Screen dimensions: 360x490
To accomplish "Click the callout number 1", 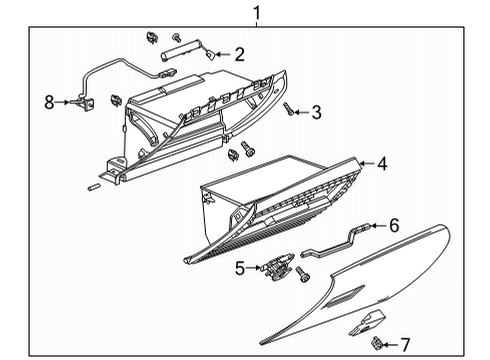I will pos(257,13).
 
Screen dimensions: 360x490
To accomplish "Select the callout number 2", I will pos(240,54).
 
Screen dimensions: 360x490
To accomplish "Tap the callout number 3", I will pos(316,112).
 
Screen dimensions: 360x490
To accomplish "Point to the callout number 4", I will pos(383,161).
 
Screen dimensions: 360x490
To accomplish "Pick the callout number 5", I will pos(240,268).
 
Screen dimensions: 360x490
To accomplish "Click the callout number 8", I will pos(48,100).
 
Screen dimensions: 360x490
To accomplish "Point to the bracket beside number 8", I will pos(79,100).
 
